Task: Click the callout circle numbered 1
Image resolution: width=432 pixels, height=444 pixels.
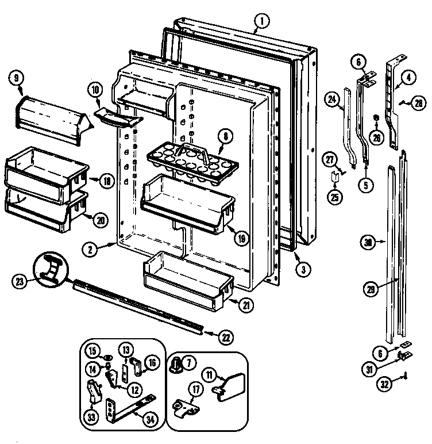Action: pyautogui.click(x=261, y=22)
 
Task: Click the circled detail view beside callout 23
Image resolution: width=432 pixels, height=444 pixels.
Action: pyautogui.click(x=51, y=269)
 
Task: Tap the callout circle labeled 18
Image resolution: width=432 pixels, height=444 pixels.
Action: pyautogui.click(x=107, y=181)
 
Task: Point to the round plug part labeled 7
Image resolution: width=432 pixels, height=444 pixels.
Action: pyautogui.click(x=177, y=363)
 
